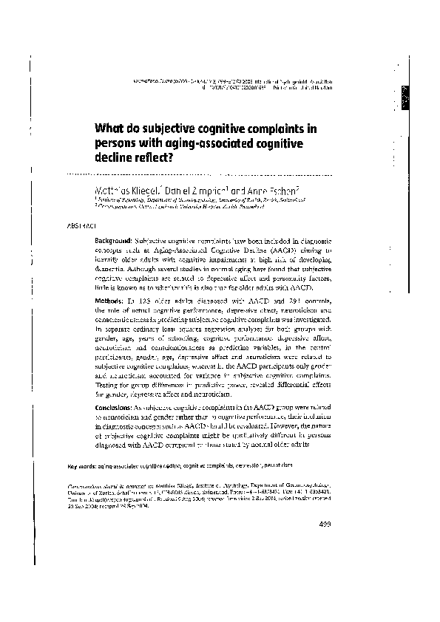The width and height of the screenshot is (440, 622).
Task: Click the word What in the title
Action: (108, 126)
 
